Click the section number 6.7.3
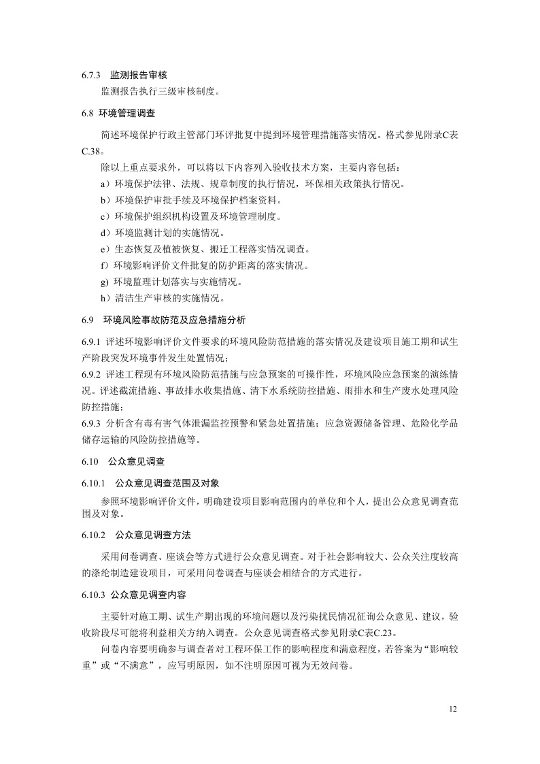coord(91,76)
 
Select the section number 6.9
coord(86,319)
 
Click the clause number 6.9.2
coord(90,374)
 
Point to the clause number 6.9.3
coord(90,423)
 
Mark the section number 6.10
coord(90,461)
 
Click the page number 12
coord(454,709)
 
